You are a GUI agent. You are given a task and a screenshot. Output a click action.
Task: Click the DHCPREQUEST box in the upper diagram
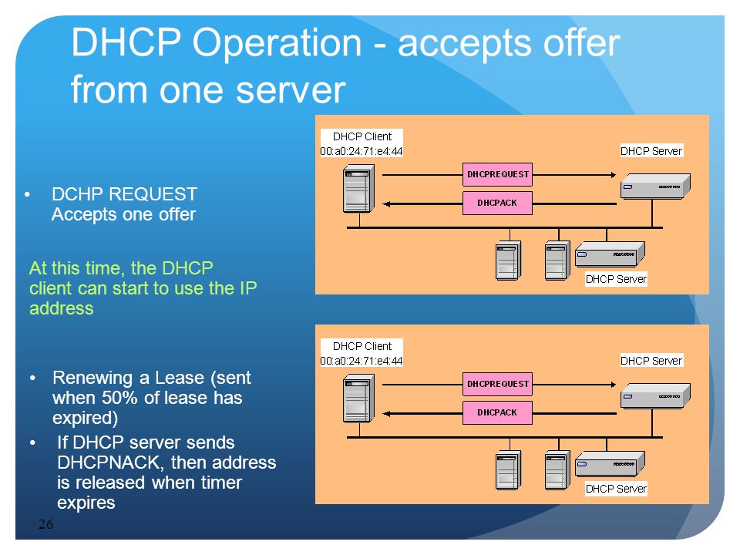click(x=497, y=175)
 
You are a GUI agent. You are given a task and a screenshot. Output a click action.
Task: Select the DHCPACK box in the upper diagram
click(x=497, y=203)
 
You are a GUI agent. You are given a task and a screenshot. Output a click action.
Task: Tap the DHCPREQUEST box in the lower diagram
click(x=497, y=384)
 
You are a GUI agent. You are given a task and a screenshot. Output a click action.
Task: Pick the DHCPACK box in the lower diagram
click(x=497, y=412)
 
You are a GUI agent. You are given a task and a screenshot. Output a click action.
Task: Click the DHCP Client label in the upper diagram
click(x=362, y=136)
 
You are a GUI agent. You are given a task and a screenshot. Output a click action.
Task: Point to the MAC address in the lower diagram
click(x=362, y=361)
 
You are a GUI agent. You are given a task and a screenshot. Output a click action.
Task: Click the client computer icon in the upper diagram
click(x=358, y=188)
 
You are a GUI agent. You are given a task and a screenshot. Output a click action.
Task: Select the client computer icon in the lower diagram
click(x=358, y=398)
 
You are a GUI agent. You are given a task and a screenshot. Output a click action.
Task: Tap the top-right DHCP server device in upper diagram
click(x=655, y=186)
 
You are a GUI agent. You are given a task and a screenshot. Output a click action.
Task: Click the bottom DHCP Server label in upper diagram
click(x=616, y=279)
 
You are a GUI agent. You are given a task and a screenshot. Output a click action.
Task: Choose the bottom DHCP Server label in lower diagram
click(x=616, y=489)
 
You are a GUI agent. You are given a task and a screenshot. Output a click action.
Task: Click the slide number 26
click(x=45, y=524)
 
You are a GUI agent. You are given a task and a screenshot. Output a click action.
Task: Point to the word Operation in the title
click(x=277, y=43)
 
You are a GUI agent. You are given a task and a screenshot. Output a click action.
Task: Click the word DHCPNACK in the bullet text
click(x=110, y=462)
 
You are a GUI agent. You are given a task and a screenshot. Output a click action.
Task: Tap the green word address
click(x=62, y=308)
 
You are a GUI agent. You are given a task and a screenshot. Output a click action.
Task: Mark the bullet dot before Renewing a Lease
click(x=32, y=378)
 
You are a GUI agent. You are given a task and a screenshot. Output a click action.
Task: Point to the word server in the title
click(x=291, y=91)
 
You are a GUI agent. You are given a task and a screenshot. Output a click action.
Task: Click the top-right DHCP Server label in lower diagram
click(x=651, y=361)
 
